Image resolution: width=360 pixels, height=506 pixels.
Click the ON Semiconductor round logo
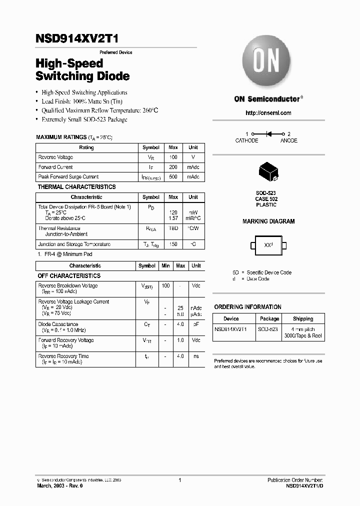tap(266, 62)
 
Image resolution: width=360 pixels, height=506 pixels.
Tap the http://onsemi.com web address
tap(268, 113)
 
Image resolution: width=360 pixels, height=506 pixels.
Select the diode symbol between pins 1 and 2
tap(268, 134)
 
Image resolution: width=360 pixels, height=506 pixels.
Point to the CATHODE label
tap(246, 141)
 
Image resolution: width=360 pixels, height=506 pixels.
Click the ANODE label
tap(288, 141)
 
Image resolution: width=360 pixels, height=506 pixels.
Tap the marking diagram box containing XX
tap(268, 245)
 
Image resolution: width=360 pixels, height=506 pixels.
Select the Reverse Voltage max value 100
tap(173, 157)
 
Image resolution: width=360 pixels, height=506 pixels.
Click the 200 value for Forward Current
tap(173, 167)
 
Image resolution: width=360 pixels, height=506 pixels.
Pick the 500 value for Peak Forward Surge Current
tap(173, 176)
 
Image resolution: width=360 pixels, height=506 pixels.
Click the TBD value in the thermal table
tap(173, 228)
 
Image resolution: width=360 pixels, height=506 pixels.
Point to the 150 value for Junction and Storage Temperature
tap(173, 244)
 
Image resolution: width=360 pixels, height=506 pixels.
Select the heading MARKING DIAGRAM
tap(268, 221)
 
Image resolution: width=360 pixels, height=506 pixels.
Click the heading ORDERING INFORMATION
tap(247, 307)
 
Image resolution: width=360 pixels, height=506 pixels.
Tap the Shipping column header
tap(303, 318)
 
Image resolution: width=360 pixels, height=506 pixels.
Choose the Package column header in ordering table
tap(269, 318)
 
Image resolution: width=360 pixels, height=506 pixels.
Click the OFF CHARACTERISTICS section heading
tap(69, 276)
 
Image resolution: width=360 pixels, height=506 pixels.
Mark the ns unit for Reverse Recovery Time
tap(196, 356)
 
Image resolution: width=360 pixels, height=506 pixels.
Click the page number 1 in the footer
tap(179, 480)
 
